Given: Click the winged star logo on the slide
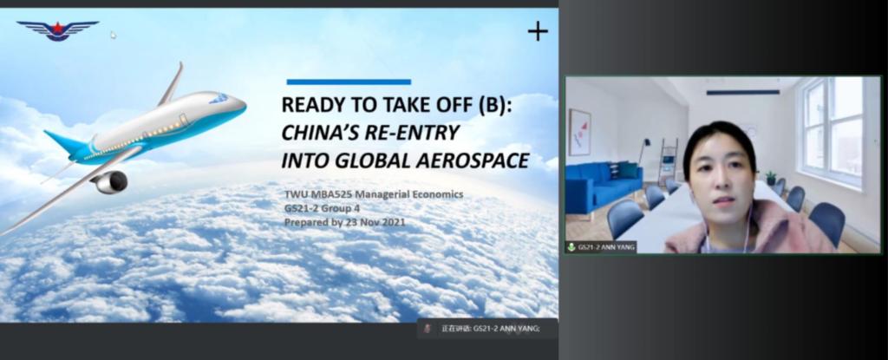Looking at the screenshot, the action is click(x=58, y=30).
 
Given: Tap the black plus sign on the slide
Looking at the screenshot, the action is click(x=538, y=31).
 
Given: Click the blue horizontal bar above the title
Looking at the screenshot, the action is click(x=349, y=82).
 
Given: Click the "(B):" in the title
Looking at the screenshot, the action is click(x=494, y=106).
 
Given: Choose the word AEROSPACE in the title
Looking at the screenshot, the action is click(x=473, y=160).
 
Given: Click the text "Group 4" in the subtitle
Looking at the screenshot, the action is click(x=337, y=208).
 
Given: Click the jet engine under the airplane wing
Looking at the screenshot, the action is click(x=110, y=182).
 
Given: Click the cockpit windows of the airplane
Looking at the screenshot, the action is click(x=219, y=99).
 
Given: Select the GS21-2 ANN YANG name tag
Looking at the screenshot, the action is click(x=601, y=247).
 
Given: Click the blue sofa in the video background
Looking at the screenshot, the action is click(x=603, y=186).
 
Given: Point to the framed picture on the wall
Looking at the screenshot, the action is click(x=579, y=132).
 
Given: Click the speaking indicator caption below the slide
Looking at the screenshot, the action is click(x=487, y=328).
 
